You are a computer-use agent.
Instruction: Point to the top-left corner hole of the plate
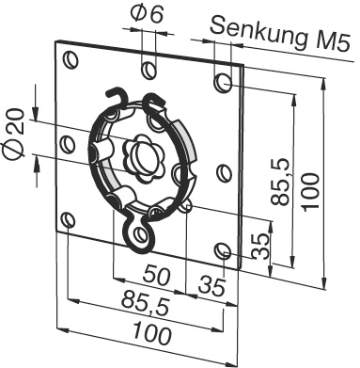70,60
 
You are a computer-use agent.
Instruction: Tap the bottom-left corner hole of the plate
68,220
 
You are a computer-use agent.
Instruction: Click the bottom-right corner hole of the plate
221,249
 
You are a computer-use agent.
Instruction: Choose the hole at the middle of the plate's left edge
67,144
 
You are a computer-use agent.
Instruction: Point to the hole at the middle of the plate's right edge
222,171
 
